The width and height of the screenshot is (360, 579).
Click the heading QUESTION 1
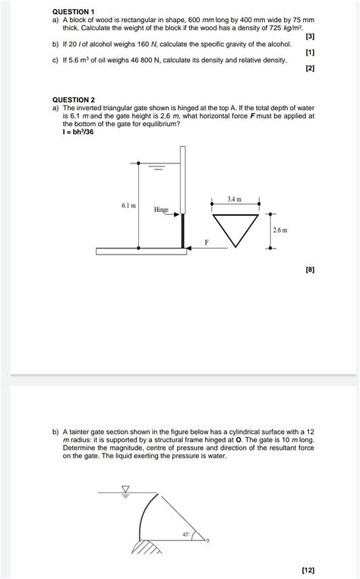(x=73, y=13)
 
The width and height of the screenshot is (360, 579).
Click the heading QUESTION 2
(x=73, y=100)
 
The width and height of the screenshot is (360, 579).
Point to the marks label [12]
(x=308, y=568)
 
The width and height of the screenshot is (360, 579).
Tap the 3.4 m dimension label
(x=234, y=199)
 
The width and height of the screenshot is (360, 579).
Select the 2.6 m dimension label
(x=281, y=229)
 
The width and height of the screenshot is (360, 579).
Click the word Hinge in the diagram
(x=161, y=209)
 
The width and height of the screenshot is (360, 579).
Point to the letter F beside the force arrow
(x=205, y=242)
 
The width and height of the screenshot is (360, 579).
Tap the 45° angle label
(x=186, y=534)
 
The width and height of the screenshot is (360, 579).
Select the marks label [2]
(x=309, y=68)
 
